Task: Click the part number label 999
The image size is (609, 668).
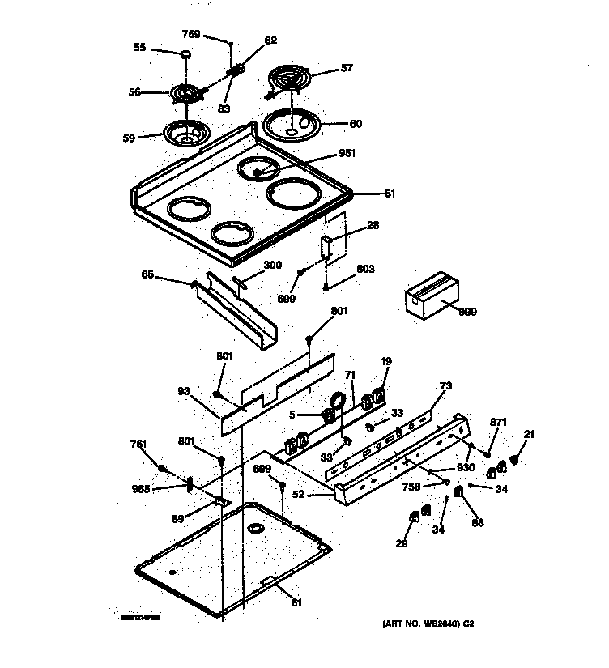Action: [467, 311]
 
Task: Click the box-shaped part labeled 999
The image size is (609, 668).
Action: [429, 295]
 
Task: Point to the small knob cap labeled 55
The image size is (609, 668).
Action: [185, 55]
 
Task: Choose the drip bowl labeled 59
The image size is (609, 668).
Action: [185, 132]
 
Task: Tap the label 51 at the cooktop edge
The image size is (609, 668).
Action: [390, 194]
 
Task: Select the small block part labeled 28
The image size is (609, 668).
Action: [327, 246]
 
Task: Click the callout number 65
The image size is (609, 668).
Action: [147, 276]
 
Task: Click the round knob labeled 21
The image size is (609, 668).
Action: [513, 460]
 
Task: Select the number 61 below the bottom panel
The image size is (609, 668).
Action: [297, 602]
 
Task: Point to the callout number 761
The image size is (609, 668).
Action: [138, 443]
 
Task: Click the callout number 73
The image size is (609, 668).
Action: [445, 385]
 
